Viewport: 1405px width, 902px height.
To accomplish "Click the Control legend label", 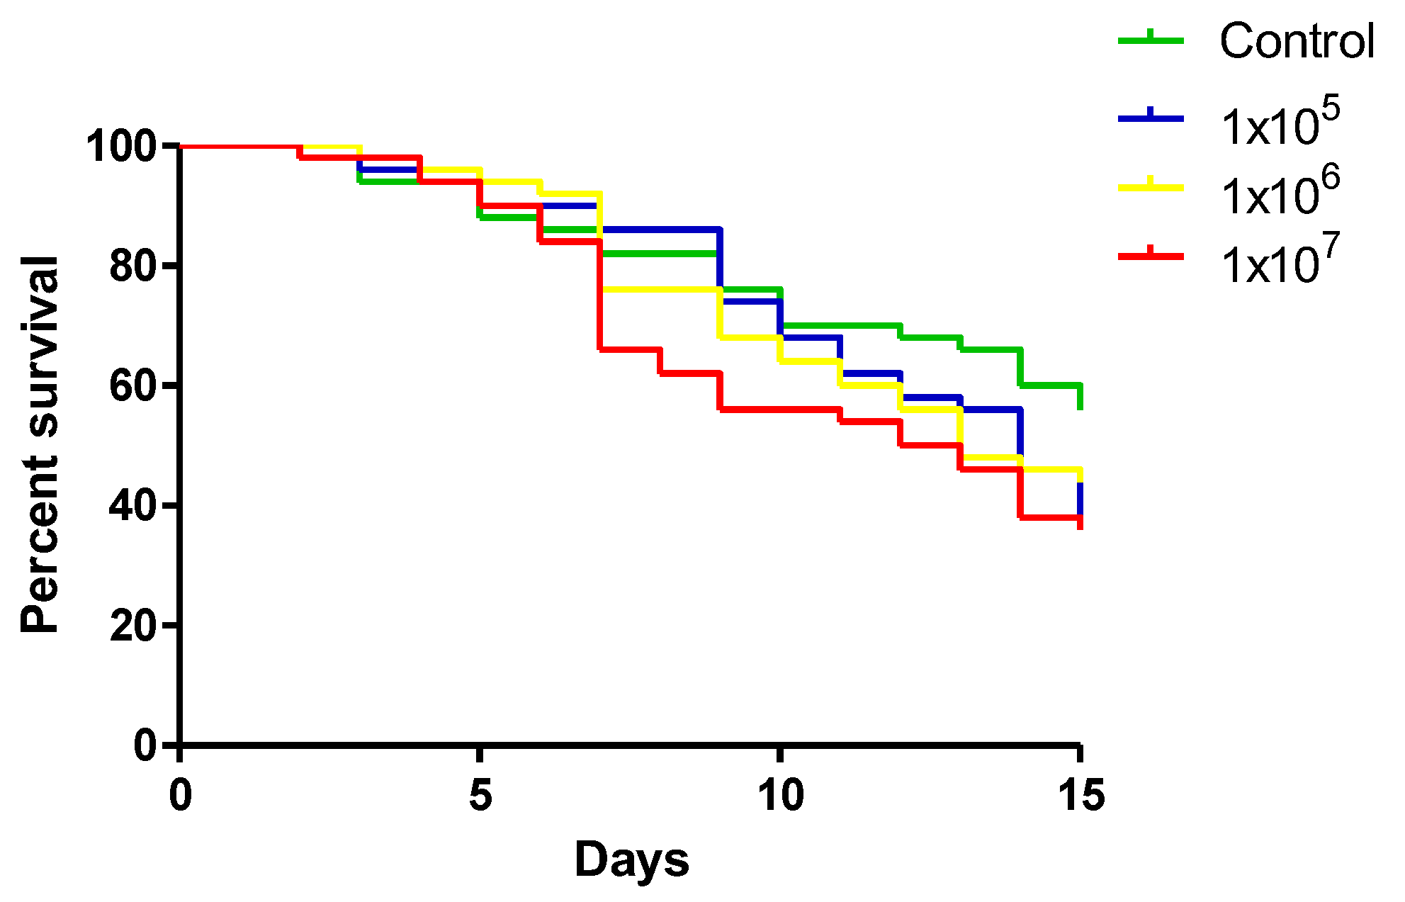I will (1297, 41).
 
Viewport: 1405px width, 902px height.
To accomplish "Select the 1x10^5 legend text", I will (1280, 122).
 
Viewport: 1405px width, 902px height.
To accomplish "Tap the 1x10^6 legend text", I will (1280, 191).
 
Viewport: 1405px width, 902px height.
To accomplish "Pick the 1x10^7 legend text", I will (1280, 259).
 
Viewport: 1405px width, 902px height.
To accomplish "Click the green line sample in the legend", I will (1151, 41).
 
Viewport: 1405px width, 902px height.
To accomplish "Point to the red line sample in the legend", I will (1151, 256).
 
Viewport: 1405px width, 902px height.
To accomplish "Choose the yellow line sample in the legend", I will (1151, 188).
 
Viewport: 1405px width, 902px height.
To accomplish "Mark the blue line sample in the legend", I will (1151, 119).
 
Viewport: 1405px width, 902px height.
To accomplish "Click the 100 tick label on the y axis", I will (121, 147).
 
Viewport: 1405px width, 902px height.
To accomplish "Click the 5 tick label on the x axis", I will (480, 795).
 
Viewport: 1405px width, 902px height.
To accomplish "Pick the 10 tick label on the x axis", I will (780, 795).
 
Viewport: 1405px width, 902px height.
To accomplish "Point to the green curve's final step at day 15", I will (1080, 397).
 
